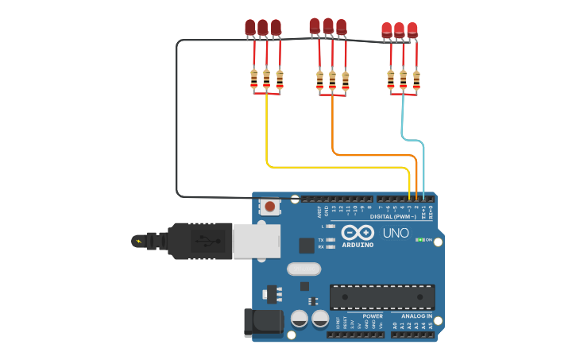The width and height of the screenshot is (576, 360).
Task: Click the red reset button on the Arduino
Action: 270,207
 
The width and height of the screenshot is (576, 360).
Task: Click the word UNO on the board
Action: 396,233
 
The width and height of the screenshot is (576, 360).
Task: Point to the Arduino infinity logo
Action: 358,233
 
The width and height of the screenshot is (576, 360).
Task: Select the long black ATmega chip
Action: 382,296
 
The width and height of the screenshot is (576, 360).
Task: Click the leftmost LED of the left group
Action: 250,29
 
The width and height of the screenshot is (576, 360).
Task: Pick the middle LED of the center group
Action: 328,26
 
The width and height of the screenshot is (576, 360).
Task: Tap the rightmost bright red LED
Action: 412,30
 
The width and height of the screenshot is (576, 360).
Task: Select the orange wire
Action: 373,153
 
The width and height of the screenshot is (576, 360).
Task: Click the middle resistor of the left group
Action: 267,79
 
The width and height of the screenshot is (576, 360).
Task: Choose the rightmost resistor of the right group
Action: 416,79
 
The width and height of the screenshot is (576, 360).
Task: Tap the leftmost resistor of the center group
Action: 320,80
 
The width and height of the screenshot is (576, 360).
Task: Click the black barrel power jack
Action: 264,322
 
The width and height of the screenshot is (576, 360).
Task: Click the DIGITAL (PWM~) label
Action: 392,216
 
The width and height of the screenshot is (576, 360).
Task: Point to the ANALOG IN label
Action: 412,316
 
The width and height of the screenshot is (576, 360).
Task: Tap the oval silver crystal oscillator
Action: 303,269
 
